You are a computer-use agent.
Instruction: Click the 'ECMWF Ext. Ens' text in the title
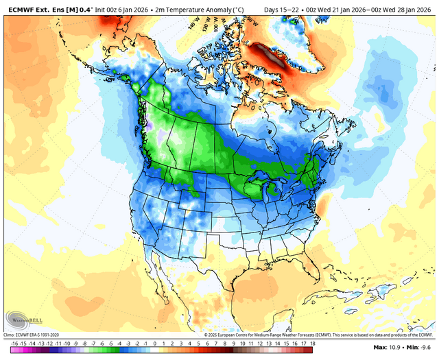(x=34, y=6)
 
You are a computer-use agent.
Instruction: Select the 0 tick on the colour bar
(x=155, y=343)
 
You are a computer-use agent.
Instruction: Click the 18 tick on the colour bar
(x=312, y=343)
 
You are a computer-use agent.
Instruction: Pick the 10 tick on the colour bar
(x=242, y=343)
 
